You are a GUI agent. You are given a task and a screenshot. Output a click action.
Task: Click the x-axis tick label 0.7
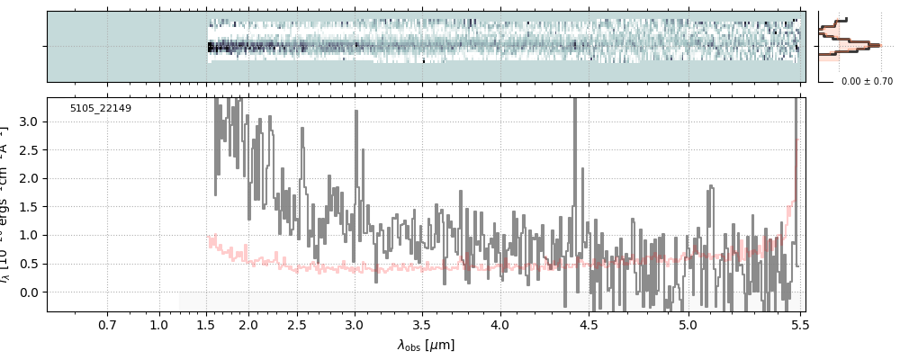click(107, 324)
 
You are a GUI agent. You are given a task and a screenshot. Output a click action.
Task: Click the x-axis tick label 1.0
click(158, 324)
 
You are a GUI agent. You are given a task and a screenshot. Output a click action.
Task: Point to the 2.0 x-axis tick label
click(249, 324)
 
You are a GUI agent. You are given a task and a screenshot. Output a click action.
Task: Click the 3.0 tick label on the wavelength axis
click(355, 324)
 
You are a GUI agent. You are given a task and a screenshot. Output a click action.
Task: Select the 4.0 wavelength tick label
click(499, 324)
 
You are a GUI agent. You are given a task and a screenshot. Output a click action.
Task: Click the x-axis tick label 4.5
click(588, 324)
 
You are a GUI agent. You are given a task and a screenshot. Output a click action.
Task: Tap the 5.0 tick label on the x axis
click(688, 324)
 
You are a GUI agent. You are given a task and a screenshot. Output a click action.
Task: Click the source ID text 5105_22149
click(101, 109)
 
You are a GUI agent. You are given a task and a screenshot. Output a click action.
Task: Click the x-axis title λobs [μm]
click(426, 345)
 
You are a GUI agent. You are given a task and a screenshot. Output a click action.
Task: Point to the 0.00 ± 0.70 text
click(867, 82)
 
